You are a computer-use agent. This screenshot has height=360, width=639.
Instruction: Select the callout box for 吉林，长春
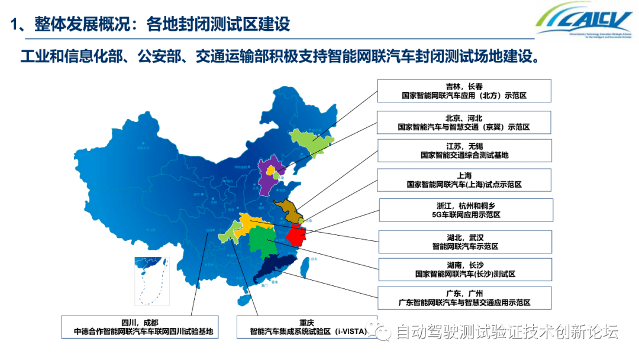point(464,91)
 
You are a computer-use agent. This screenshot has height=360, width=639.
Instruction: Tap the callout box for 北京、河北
point(464,123)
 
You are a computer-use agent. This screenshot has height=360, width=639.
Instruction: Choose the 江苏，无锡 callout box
point(464,150)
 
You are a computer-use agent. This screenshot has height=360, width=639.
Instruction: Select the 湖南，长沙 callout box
point(465,269)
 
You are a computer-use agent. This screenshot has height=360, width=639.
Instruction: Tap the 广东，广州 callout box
point(464,298)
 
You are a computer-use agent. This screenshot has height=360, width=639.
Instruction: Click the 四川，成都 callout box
point(140,326)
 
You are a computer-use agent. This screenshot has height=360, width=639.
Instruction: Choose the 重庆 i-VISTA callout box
point(306,326)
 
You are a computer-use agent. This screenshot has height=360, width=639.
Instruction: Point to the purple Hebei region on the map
point(266,177)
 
